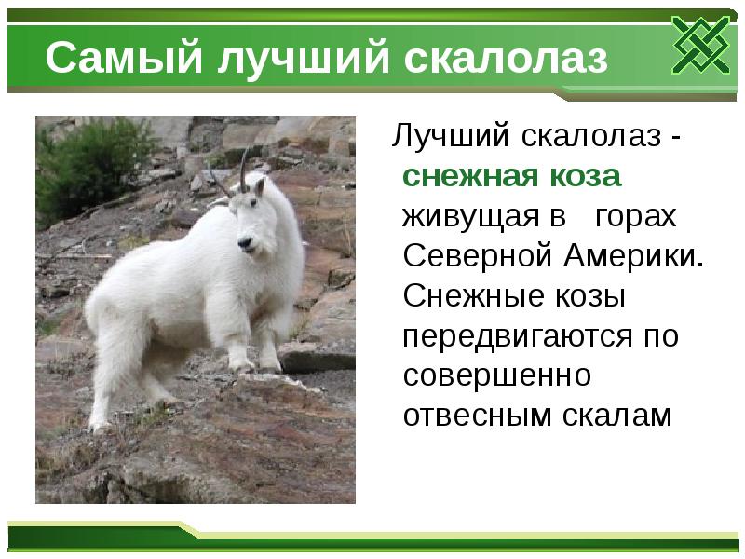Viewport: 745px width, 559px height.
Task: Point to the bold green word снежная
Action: pos(467,176)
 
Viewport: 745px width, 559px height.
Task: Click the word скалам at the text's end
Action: pos(616,415)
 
